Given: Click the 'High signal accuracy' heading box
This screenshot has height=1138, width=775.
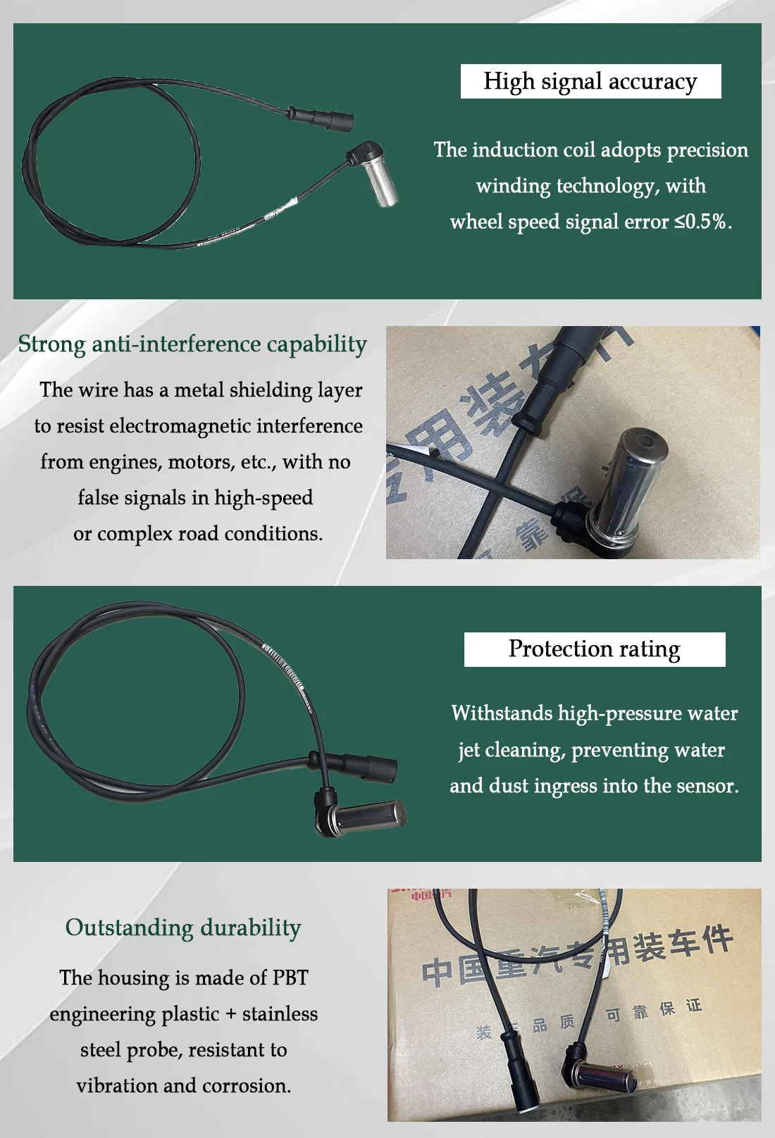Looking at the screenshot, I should pyautogui.click(x=590, y=82).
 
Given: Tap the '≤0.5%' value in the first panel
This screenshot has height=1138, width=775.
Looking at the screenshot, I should pyautogui.click(x=702, y=222).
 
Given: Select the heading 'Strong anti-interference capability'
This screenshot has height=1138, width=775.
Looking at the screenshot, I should pyautogui.click(x=192, y=344).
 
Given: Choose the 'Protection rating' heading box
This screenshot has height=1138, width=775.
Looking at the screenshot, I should pyautogui.click(x=594, y=649).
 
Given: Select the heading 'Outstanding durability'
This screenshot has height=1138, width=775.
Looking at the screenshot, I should pyautogui.click(x=183, y=927).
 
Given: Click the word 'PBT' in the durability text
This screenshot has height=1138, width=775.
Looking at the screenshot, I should pyautogui.click(x=290, y=978).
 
